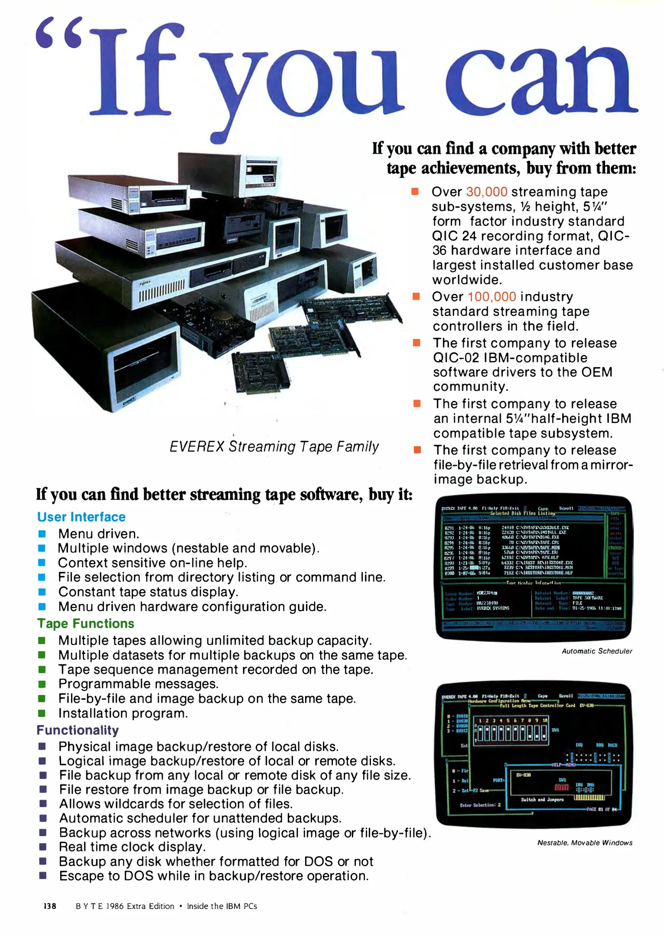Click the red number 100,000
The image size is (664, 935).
click(x=492, y=297)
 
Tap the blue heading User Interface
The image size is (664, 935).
click(x=81, y=517)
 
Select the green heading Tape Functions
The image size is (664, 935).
click(x=85, y=623)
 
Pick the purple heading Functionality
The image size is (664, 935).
click(x=77, y=730)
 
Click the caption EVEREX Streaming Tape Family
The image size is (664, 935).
click(x=274, y=446)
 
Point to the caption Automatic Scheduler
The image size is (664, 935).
click(x=596, y=651)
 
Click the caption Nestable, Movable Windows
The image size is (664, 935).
click(x=585, y=843)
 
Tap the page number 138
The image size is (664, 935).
click(x=50, y=906)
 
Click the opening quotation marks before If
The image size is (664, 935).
click(x=59, y=33)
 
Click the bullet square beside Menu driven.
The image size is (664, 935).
click(x=42, y=534)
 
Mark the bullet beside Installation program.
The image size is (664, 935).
click(x=42, y=713)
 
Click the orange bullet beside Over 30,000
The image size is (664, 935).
click(x=415, y=191)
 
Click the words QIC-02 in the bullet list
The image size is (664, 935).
click(x=455, y=358)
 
